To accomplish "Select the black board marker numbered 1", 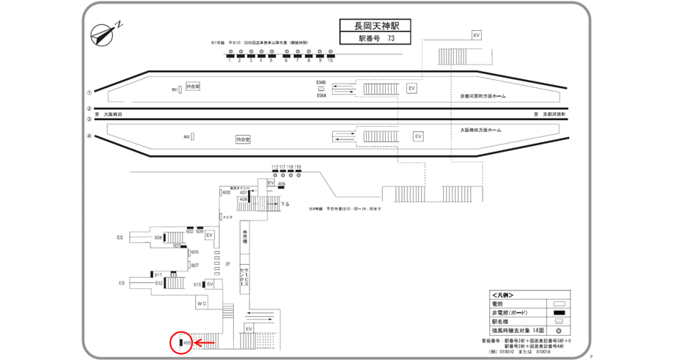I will (x=230, y=55).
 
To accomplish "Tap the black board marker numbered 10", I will (x=331, y=55).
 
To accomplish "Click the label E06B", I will (x=320, y=82).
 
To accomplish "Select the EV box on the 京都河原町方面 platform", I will (x=411, y=88).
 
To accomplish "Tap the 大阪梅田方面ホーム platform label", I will (x=480, y=130).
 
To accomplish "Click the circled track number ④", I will (x=89, y=136).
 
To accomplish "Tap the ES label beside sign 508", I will (x=120, y=238).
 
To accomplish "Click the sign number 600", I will (x=226, y=192).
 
